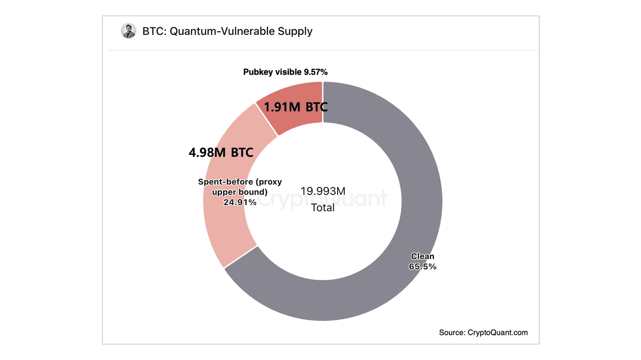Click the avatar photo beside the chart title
coord(129,31)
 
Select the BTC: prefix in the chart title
coord(155,31)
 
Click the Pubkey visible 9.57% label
coord(285,72)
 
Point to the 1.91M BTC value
coord(296,107)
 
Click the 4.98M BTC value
coord(221,153)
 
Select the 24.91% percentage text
coord(240,202)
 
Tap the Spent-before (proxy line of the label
coord(240,182)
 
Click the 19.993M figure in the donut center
coord(323,191)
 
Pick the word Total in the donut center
coord(323,208)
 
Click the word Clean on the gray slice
coord(422,256)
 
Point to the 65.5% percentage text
coord(422,267)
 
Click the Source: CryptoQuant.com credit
coord(483,333)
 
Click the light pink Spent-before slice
coord(225,229)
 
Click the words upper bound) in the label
coord(240,192)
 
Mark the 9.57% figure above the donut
coord(316,72)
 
